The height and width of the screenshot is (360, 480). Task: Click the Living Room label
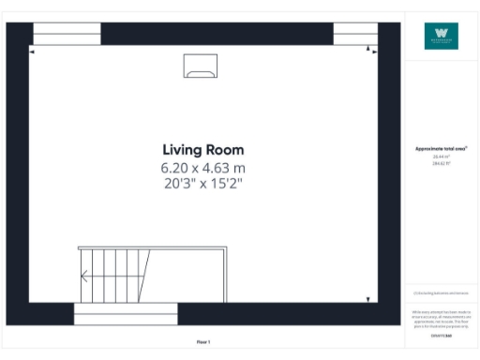coord(202,150)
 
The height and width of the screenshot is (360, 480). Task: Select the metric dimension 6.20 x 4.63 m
coord(202,167)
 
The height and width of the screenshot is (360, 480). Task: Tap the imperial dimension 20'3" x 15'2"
coord(202,183)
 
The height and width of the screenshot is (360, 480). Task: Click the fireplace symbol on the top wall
coord(201,65)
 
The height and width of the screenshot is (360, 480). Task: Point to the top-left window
coord(67,35)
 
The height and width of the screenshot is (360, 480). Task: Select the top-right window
coord(355,35)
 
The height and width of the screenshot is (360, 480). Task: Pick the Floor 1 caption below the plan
coord(203,342)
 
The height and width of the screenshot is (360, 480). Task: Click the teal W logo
coord(441,37)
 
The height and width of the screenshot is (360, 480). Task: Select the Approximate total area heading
coord(441,149)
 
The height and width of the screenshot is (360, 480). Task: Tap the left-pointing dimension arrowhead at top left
coord(33,52)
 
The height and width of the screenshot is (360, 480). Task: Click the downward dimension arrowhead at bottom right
coord(368,299)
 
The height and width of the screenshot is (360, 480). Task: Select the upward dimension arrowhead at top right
coord(368,48)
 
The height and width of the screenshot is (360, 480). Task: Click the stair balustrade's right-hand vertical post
coord(225,281)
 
